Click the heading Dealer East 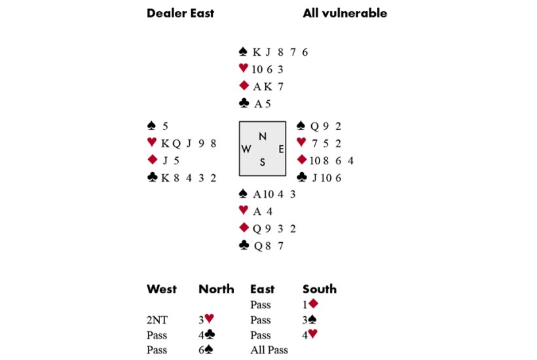point(180,13)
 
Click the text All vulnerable point(344,13)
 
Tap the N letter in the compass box point(262,136)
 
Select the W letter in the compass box point(246,149)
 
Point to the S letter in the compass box point(262,163)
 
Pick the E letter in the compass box point(280,149)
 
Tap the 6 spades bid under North point(208,350)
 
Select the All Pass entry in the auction point(268,350)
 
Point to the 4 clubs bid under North point(208,335)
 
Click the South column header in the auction point(320,289)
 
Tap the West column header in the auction point(162,289)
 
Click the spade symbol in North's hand point(244,52)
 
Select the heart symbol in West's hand point(153,143)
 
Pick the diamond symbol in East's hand point(302,160)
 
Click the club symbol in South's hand point(244,245)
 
